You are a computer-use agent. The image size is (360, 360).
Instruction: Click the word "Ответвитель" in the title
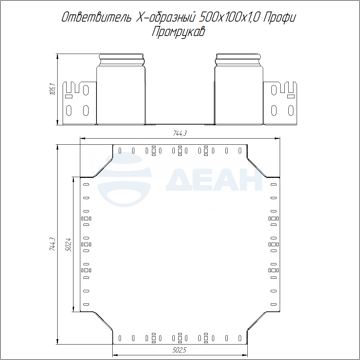click(x=96, y=17)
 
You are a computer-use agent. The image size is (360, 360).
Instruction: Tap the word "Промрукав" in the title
click(x=178, y=32)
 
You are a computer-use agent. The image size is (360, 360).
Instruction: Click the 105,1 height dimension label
click(x=53, y=89)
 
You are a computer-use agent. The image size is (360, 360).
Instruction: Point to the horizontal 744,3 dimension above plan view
click(x=180, y=133)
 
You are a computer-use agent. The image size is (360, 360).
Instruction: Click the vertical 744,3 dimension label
click(x=53, y=244)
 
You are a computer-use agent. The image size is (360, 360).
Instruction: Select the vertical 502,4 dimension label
click(x=68, y=245)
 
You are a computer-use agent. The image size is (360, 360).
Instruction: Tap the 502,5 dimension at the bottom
click(x=180, y=350)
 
